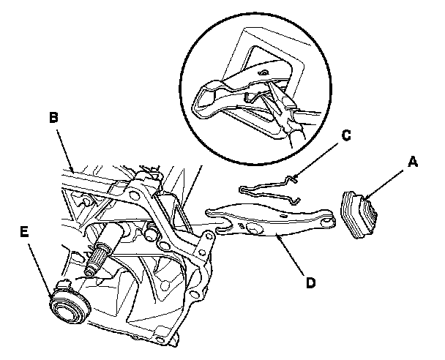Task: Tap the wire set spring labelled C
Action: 271,188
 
